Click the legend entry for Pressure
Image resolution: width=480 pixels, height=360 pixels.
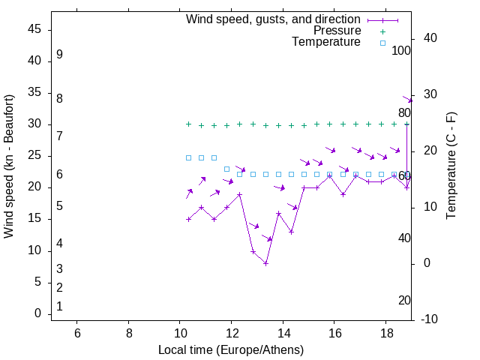[337, 31]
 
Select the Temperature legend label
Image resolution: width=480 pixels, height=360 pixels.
[326, 42]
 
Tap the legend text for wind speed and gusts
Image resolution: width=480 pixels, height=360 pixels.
[274, 19]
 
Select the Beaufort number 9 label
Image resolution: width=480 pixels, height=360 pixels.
[59, 55]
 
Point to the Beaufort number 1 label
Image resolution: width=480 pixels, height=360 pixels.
[59, 306]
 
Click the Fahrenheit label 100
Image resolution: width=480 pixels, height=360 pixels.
[401, 51]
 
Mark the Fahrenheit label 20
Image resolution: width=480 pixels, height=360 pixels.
[404, 300]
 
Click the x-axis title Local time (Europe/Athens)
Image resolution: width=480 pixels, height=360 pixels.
[231, 349]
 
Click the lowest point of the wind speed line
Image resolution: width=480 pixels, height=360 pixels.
[265, 263]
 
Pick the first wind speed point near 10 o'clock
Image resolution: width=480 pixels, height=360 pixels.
[188, 219]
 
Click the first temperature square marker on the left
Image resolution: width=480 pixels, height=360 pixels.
[188, 157]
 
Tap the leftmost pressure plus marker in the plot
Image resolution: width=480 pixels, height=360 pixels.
[188, 124]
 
